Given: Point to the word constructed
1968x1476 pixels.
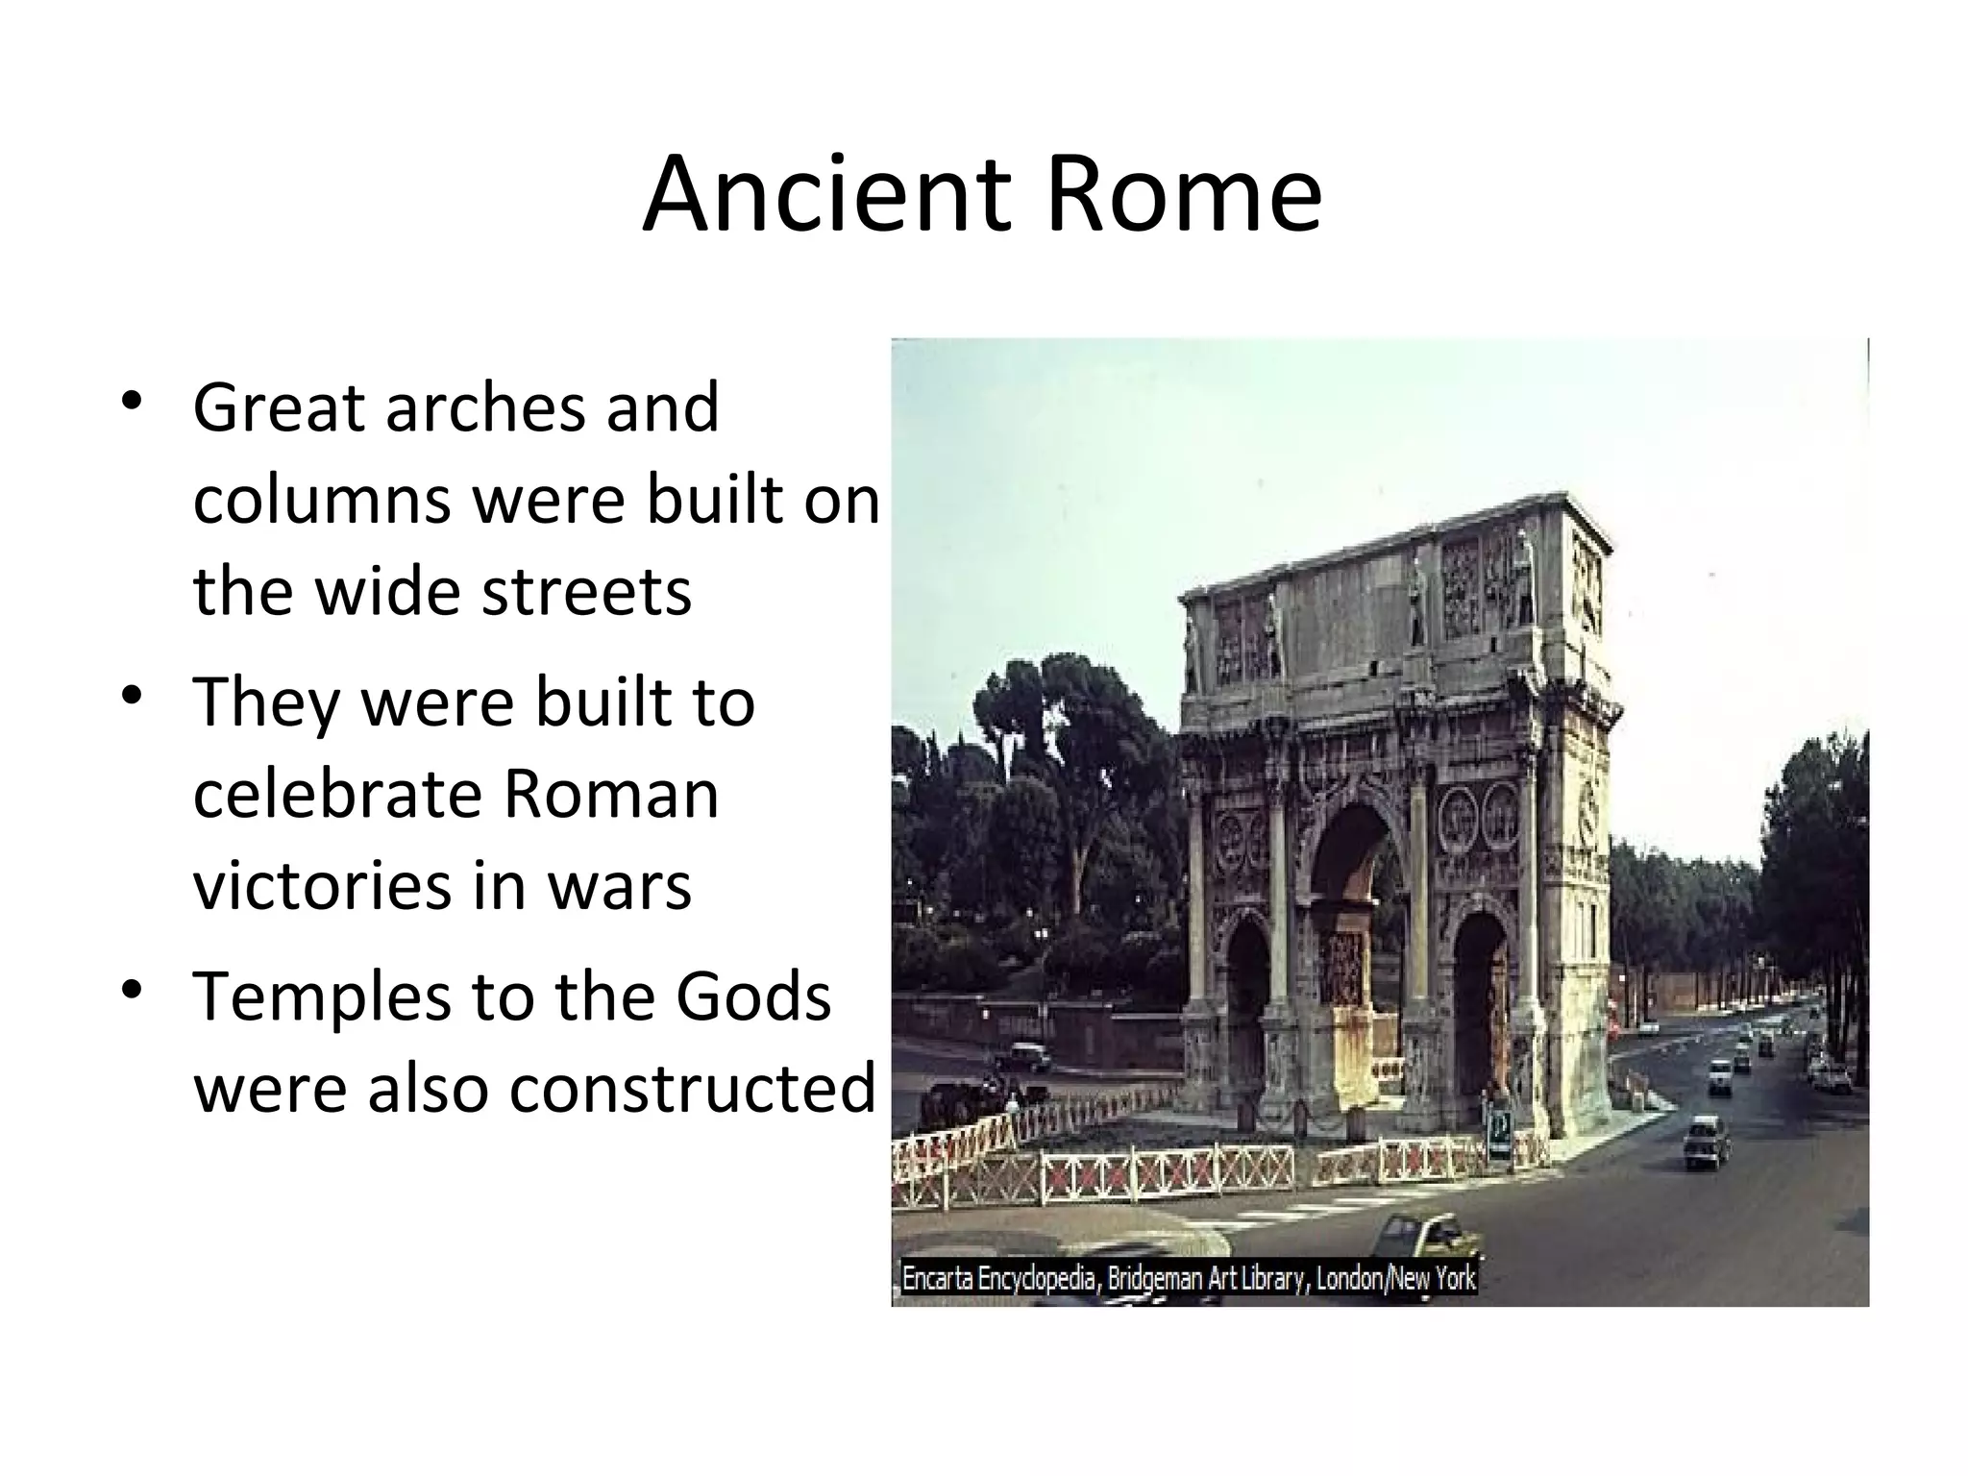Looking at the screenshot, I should coord(692,1089).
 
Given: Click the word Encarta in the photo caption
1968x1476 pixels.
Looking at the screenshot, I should coord(936,1279).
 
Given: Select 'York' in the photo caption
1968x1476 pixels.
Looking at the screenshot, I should coord(1453,1279).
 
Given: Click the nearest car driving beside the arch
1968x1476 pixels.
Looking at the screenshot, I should coord(1706,1142).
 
